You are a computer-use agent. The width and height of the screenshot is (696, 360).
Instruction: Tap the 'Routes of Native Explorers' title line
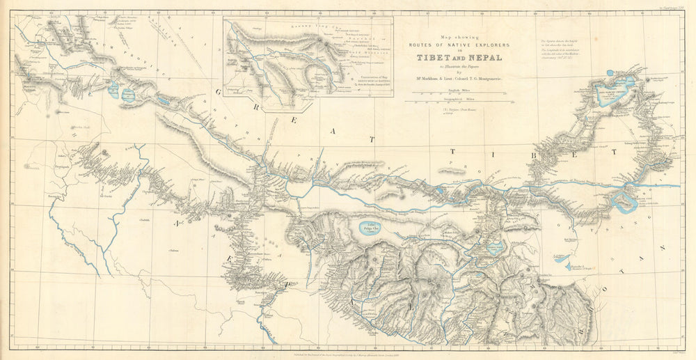point(459,45)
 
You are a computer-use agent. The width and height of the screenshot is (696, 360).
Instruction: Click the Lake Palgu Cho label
point(365,226)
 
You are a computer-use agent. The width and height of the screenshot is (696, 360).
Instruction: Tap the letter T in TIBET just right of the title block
point(453,150)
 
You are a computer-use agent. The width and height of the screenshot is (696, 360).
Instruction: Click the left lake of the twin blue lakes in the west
point(113,88)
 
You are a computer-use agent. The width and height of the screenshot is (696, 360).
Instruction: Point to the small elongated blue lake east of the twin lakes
point(163,100)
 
